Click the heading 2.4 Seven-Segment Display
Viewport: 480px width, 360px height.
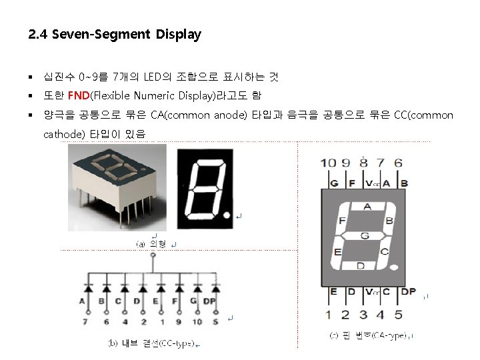click(x=115, y=35)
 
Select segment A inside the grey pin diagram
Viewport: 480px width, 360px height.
click(x=366, y=207)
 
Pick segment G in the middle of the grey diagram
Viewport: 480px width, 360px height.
click(x=364, y=235)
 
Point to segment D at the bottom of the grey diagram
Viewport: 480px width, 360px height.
click(x=361, y=265)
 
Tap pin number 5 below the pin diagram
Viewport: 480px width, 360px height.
click(x=397, y=314)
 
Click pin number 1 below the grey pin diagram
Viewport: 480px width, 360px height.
click(x=328, y=314)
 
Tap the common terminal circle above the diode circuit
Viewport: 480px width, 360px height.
click(x=153, y=255)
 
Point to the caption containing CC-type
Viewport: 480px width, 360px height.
click(x=152, y=343)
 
